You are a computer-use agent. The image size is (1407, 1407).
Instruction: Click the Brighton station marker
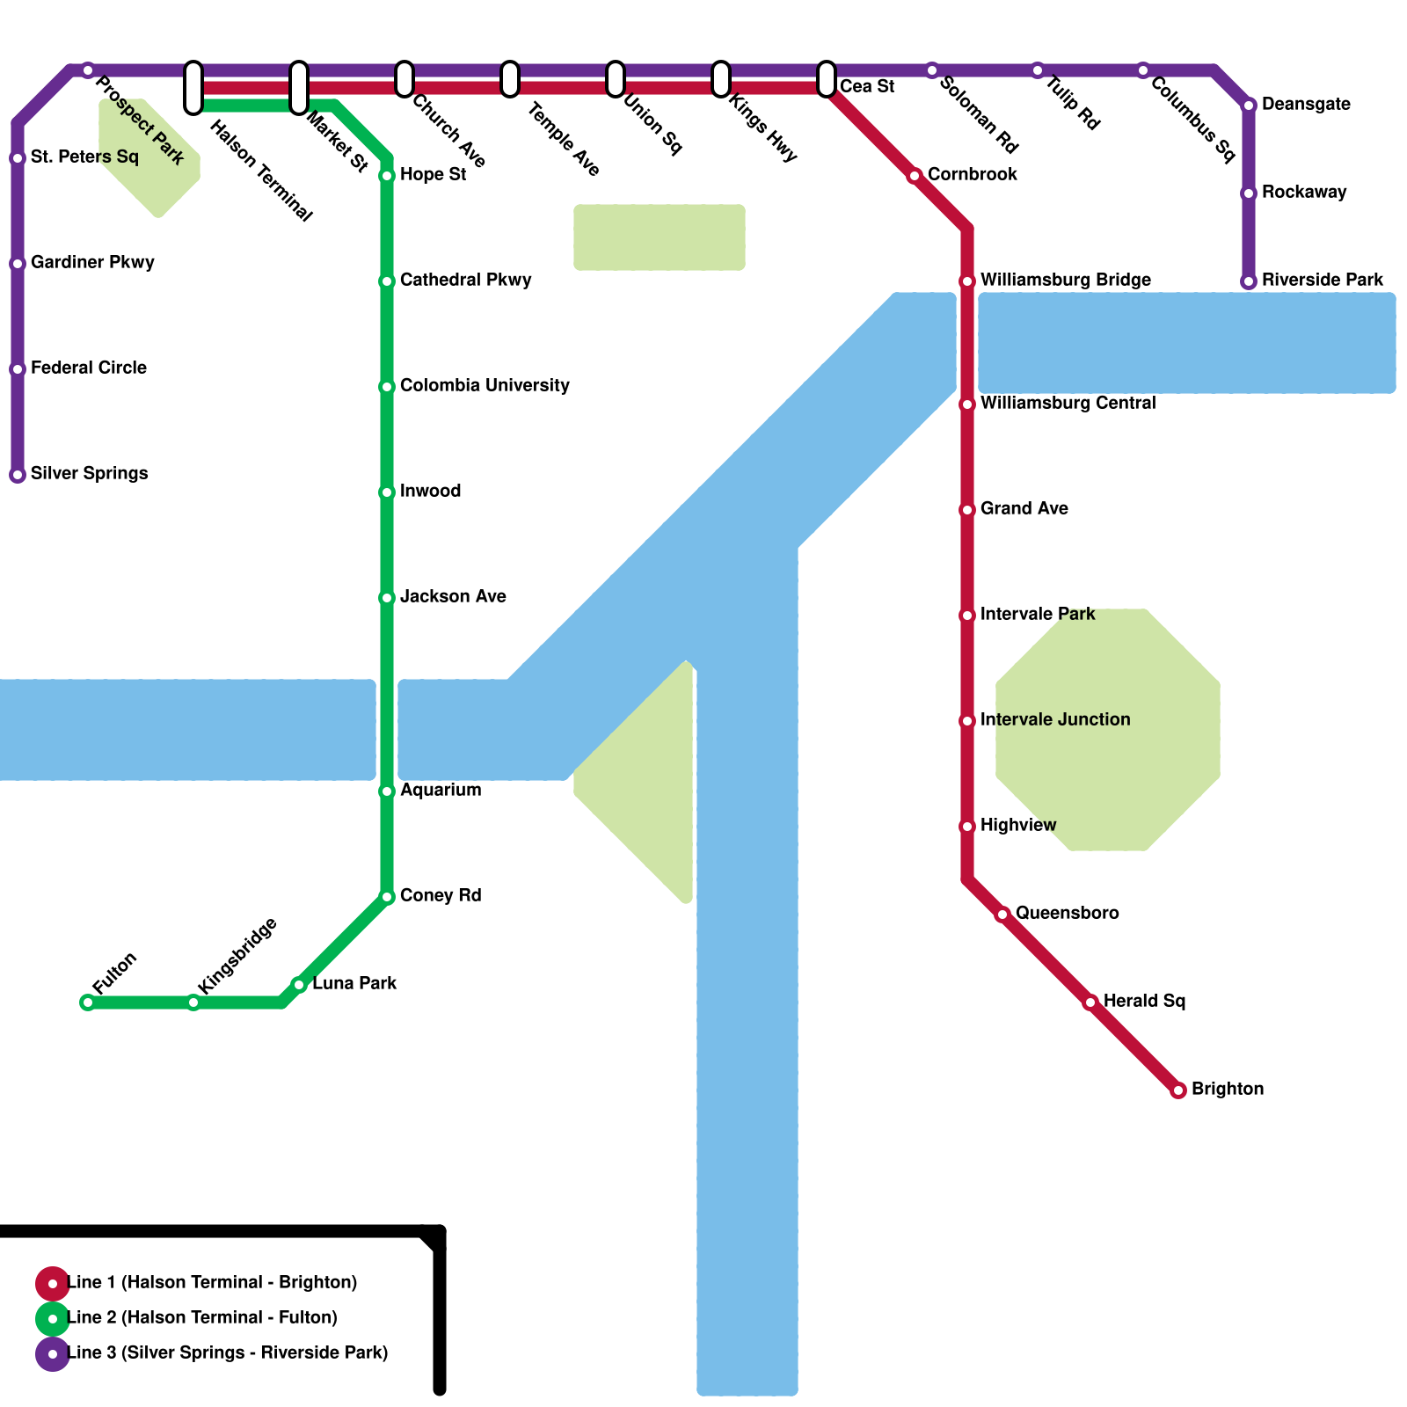click(x=1178, y=1090)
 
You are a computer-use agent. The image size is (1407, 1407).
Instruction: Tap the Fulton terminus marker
click(x=88, y=1002)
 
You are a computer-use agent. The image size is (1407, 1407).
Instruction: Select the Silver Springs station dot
click(x=18, y=475)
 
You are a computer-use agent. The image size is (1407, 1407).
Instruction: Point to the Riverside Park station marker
click(x=1249, y=281)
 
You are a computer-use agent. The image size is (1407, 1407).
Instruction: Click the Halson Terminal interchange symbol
click(x=193, y=88)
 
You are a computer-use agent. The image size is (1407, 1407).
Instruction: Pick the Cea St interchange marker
click(x=827, y=79)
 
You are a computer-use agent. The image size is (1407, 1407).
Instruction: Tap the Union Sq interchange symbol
click(x=616, y=79)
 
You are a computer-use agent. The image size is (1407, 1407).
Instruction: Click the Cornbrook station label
click(x=972, y=174)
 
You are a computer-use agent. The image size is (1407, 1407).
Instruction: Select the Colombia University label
click(x=485, y=385)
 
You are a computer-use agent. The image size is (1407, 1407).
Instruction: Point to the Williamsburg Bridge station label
click(x=1065, y=280)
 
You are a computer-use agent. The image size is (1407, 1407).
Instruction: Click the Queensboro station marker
click(x=1002, y=915)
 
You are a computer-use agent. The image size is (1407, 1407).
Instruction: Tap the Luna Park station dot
click(x=299, y=985)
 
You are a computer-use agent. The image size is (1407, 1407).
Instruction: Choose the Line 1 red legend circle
click(x=53, y=1283)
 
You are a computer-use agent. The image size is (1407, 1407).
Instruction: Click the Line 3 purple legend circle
click(x=53, y=1353)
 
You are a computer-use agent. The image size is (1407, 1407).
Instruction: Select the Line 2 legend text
click(x=202, y=1317)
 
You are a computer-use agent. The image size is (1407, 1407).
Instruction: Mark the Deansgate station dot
click(x=1249, y=106)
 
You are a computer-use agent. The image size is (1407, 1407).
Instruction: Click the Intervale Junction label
click(x=1055, y=719)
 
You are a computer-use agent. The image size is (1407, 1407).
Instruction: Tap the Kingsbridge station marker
click(x=193, y=1002)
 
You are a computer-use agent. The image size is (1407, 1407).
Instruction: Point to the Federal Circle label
click(x=89, y=368)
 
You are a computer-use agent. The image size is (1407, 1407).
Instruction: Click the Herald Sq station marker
click(x=1090, y=1002)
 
